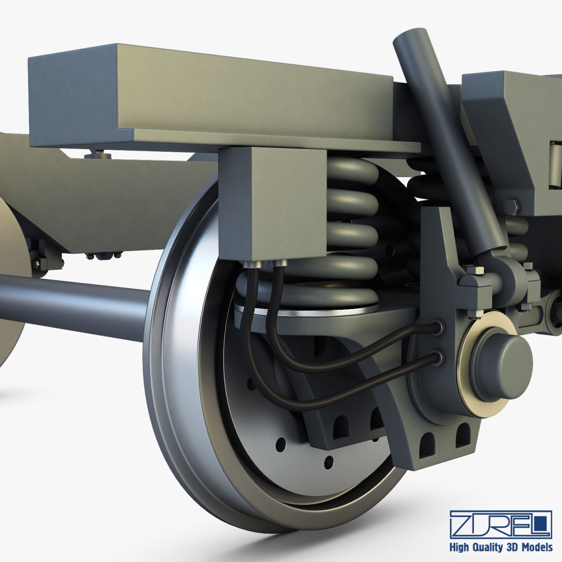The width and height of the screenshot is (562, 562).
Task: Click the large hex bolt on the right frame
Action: click(511, 206)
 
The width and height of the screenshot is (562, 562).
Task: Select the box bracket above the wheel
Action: click(272, 204)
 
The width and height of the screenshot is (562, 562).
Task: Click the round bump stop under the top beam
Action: click(98, 155)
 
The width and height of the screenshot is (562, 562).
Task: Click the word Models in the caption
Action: click(536, 547)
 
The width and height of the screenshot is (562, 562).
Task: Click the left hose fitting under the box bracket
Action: click(253, 266)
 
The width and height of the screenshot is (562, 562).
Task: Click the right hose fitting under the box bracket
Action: click(279, 266)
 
